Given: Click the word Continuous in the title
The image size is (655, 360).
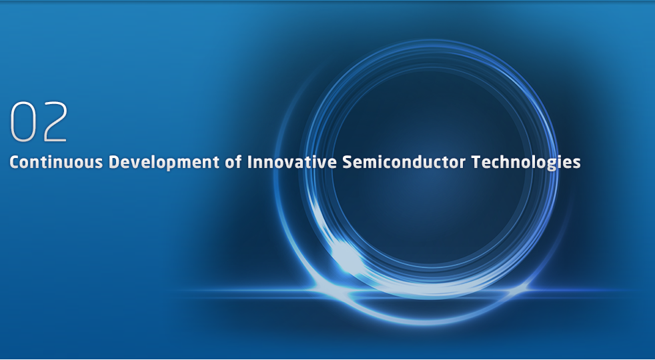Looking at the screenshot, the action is click(x=56, y=162).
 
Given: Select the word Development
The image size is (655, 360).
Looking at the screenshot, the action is click(x=164, y=163).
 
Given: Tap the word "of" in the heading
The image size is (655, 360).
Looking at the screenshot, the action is click(x=233, y=162).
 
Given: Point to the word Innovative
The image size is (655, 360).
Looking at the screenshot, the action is click(x=291, y=162).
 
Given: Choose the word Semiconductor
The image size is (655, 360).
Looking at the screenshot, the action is click(x=404, y=162).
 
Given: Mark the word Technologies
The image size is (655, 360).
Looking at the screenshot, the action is click(x=526, y=163).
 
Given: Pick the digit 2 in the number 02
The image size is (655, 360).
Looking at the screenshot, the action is click(x=55, y=121).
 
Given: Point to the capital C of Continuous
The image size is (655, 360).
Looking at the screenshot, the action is click(x=14, y=162).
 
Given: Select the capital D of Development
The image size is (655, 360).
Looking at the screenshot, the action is click(x=114, y=162).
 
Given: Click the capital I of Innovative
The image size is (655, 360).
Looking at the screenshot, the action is click(x=249, y=162).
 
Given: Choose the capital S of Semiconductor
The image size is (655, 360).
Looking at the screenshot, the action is click(x=347, y=162).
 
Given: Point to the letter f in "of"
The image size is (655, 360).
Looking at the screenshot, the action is click(x=239, y=161).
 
